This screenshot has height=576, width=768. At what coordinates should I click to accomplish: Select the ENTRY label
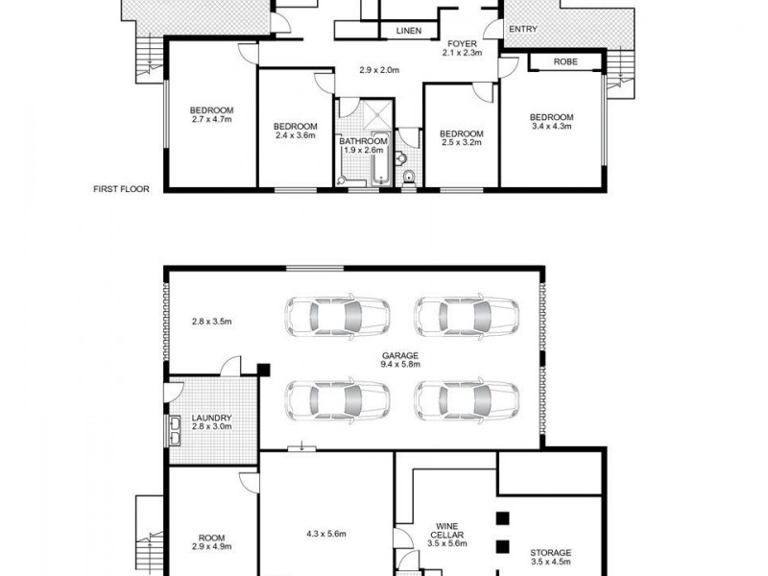(522, 30)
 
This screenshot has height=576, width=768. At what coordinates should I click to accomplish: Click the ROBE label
(565, 62)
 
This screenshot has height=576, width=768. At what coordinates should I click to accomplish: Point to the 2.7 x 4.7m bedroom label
(211, 115)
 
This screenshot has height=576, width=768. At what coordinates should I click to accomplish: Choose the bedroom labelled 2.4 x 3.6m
(295, 132)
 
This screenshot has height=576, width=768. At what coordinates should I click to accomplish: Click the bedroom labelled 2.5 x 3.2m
(461, 137)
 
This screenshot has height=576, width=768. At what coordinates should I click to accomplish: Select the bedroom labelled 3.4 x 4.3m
(551, 122)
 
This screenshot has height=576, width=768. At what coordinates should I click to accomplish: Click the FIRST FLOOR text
(121, 190)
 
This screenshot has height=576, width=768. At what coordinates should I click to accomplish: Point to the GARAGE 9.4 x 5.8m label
(400, 360)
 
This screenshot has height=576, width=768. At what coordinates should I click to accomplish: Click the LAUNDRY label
(212, 423)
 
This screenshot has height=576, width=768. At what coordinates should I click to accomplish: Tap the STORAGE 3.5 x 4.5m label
(550, 558)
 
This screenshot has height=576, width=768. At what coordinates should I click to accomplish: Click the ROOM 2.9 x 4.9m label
(211, 541)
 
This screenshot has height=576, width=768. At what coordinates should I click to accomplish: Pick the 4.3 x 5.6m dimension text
(325, 534)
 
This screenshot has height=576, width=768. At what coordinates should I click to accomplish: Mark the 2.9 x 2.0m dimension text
(379, 70)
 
